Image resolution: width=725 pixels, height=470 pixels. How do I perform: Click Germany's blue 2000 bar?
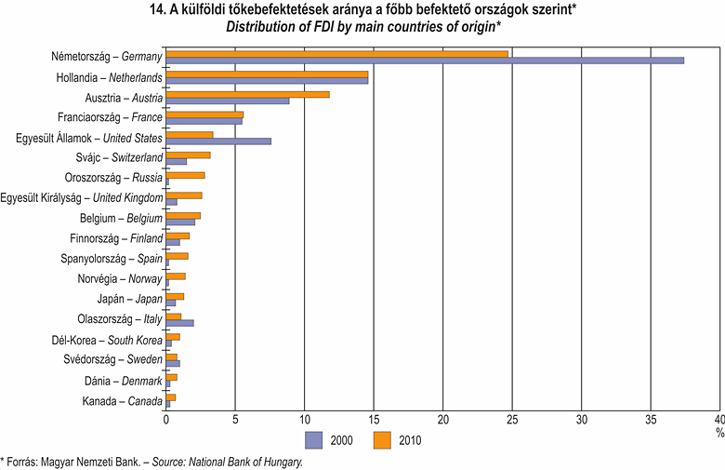coord(425,60)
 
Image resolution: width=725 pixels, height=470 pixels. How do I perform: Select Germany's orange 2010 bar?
coord(337,54)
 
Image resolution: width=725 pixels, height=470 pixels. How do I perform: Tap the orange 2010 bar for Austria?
coord(247,94)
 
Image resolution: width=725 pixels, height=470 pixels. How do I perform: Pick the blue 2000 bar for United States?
coord(218,141)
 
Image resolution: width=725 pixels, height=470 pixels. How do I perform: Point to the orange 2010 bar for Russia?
coord(185,175)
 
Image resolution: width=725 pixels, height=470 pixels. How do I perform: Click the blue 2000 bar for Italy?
coord(179,323)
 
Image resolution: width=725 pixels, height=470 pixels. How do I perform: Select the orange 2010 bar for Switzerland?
coord(188,154)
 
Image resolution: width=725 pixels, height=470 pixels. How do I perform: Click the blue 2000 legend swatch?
coord(313,439)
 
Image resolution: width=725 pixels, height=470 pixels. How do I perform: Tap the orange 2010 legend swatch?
coord(382,439)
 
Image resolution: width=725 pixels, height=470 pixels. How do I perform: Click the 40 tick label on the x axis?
coord(719,419)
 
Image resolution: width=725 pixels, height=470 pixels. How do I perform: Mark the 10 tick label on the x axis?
coord(305,419)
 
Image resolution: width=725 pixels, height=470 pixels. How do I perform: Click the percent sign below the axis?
coord(718,432)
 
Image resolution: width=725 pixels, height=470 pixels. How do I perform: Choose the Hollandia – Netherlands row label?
coord(108,77)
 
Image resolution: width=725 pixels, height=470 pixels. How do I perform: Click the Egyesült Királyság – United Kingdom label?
coord(82,197)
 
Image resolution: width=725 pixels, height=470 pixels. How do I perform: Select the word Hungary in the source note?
coord(282,461)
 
